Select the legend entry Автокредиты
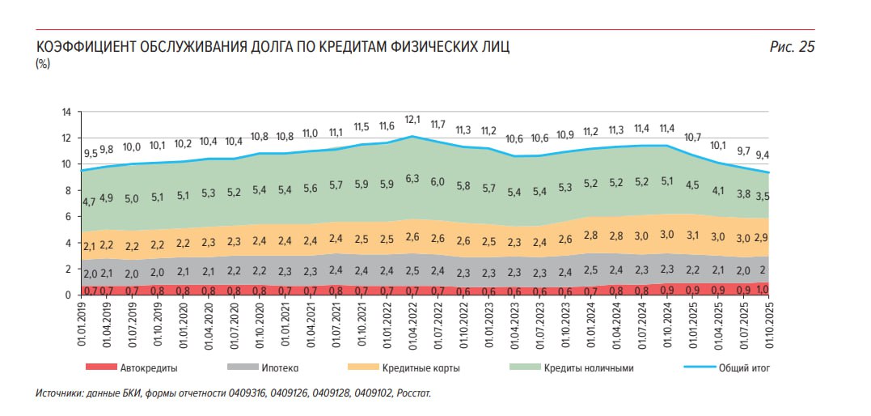tap(148, 368)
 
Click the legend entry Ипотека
tap(280, 368)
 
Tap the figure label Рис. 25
tap(792, 47)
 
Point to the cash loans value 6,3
tap(412, 178)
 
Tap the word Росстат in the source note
tap(414, 394)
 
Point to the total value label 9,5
tap(91, 153)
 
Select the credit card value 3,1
tap(692, 236)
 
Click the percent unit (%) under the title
tap(43, 64)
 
